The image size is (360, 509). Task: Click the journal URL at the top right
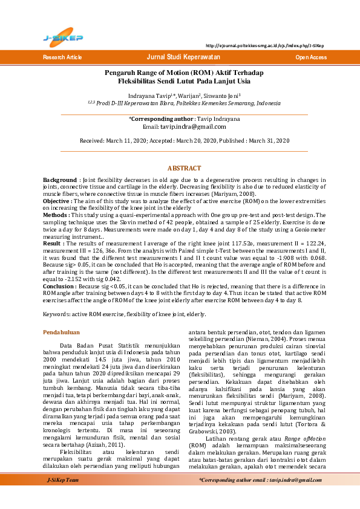coord(264,46)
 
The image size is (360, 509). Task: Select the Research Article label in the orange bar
coord(62,57)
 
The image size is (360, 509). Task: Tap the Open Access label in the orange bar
coord(310,57)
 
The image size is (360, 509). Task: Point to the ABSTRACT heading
coord(184,168)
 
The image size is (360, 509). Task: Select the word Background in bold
coord(59,180)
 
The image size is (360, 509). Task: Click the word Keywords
coord(56,314)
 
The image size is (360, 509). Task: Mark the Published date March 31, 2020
coord(269,140)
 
